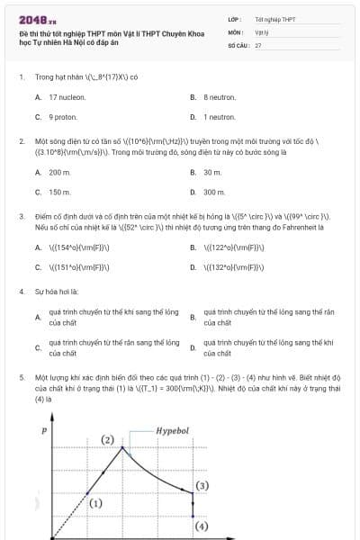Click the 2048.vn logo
pyautogui.click(x=36, y=19)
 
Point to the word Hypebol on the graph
pyautogui.click(x=172, y=431)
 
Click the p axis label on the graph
pyautogui.click(x=45, y=431)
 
